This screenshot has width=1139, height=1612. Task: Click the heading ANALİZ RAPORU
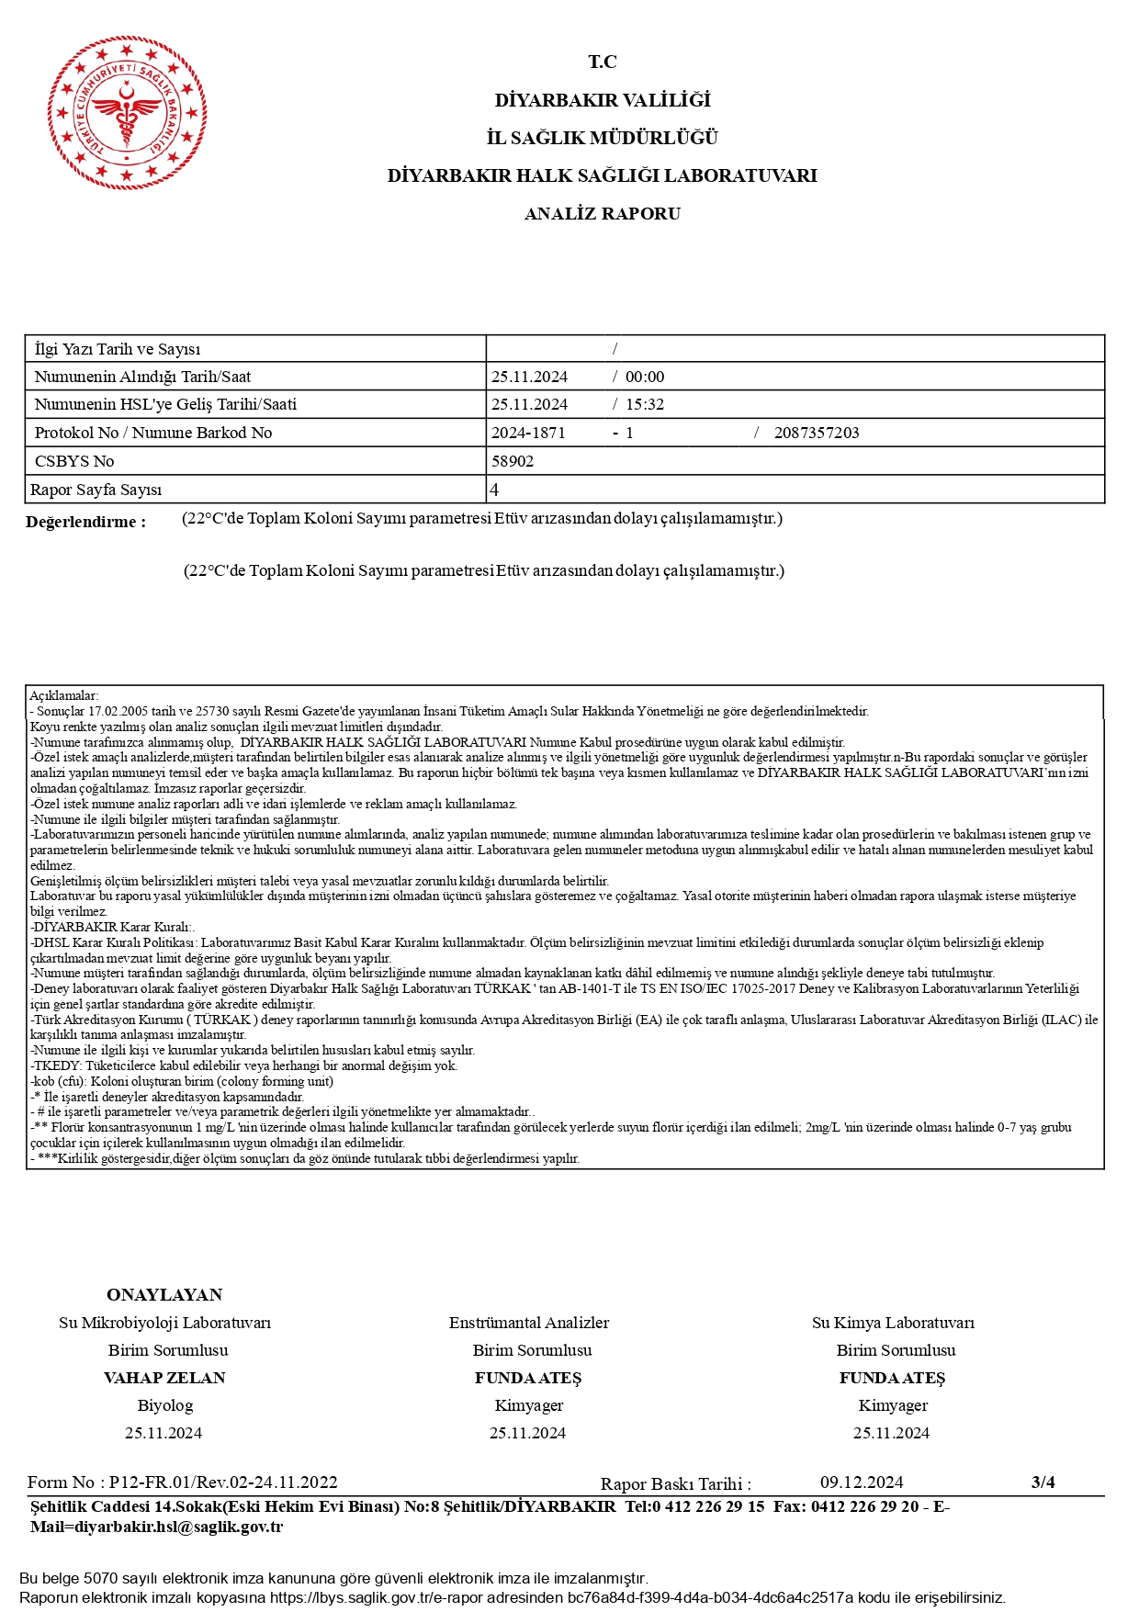[x=602, y=214]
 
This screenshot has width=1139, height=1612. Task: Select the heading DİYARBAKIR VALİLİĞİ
[x=602, y=100]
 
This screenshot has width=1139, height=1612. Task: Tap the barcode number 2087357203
[x=817, y=433]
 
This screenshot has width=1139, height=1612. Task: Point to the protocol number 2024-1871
[x=528, y=433]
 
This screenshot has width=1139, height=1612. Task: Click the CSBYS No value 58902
[x=513, y=461]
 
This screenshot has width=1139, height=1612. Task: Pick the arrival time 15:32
[x=645, y=404]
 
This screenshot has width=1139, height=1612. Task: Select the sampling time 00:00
[x=645, y=377]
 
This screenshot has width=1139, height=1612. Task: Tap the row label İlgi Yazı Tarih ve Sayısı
[x=117, y=349]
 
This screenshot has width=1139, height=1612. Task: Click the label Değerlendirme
[x=85, y=522]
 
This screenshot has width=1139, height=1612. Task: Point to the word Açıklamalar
[x=63, y=695]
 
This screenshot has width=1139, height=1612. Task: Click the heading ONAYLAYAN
[x=164, y=1295]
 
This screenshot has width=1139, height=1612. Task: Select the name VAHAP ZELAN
[x=164, y=1378]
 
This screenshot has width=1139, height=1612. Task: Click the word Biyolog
[x=165, y=1405]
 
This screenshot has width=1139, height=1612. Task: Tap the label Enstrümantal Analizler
[x=529, y=1323]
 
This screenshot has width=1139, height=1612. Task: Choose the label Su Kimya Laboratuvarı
[x=893, y=1323]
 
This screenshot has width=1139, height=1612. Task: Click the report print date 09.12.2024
[x=862, y=1482]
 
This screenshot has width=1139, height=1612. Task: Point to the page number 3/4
[x=1043, y=1482]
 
